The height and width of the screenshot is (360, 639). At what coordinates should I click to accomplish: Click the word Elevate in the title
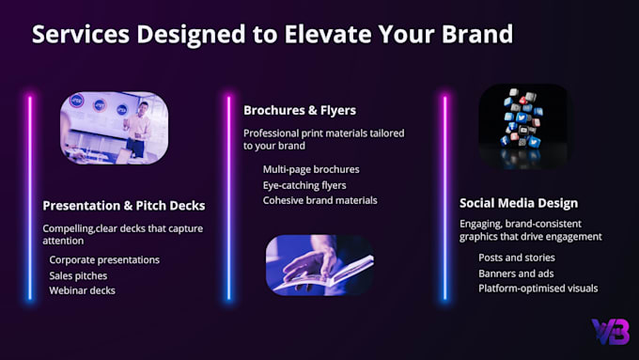328,34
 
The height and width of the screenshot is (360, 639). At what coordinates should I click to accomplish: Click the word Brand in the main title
477,34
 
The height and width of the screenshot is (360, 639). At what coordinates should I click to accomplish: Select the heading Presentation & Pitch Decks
124,206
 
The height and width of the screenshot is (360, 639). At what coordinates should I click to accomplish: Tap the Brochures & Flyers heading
300,110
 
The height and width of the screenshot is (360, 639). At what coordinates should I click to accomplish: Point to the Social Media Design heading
519,203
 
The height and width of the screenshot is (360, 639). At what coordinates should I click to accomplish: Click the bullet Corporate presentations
104,259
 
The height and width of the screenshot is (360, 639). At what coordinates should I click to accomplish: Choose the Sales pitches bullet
78,275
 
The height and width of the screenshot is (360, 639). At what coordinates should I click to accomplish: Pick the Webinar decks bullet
83,290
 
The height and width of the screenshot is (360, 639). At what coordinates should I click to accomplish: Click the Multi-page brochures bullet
311,169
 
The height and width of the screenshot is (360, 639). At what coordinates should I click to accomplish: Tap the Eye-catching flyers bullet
304,185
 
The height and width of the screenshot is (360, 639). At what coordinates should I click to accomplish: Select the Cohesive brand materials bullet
319,200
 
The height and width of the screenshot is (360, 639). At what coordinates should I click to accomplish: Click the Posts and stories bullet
517,258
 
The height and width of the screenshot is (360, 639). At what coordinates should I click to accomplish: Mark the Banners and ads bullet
516,274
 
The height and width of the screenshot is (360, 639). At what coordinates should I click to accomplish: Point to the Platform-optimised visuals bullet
538,289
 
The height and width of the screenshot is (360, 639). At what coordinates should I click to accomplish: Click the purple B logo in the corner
611,332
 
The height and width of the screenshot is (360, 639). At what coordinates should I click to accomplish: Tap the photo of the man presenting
114,128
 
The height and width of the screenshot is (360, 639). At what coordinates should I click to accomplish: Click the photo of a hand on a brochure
319,265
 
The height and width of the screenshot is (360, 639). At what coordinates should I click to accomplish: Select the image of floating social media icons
523,126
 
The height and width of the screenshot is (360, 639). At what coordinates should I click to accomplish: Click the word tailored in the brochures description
387,133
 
